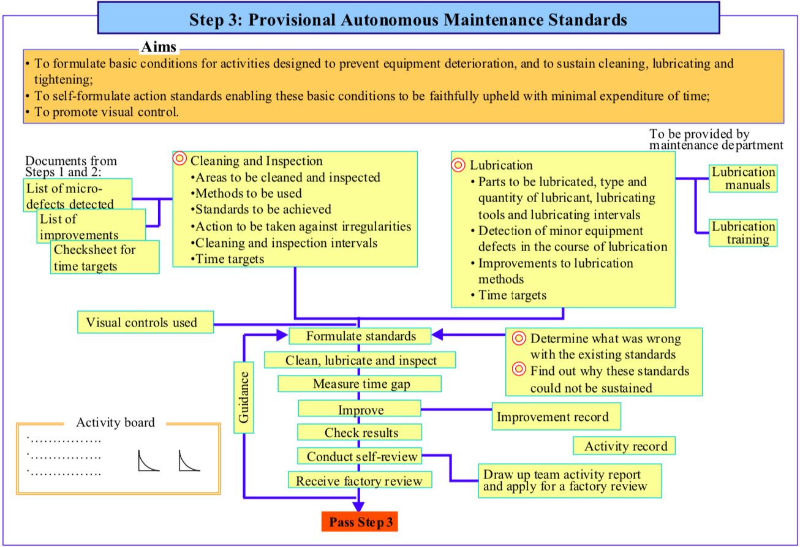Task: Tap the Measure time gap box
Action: tap(360, 384)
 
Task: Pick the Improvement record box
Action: tap(556, 417)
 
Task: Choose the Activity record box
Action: tap(624, 446)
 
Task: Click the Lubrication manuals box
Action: tap(742, 179)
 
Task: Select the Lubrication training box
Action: tap(742, 233)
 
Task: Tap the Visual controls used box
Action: tap(145, 322)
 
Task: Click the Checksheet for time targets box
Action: tap(105, 257)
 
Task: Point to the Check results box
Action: tap(360, 432)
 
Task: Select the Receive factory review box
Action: tap(360, 481)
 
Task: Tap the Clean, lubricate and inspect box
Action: tap(360, 360)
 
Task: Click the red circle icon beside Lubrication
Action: tap(458, 165)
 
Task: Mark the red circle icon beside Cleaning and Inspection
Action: tap(179, 159)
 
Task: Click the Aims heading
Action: tap(159, 47)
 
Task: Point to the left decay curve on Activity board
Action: tap(148, 461)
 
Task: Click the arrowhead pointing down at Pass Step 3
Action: tap(359, 506)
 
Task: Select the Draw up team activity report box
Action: tap(569, 481)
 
